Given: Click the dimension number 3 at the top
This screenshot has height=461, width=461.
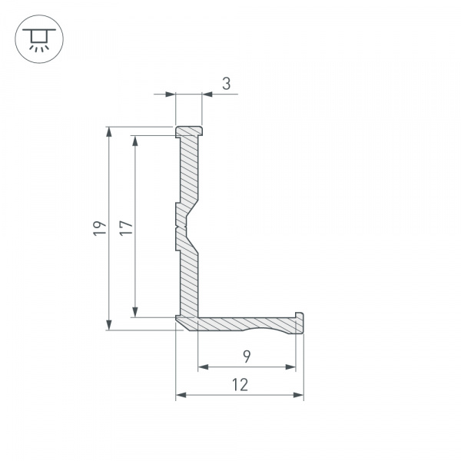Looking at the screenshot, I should pyautogui.click(x=227, y=84).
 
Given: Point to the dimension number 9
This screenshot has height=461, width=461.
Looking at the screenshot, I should pyautogui.click(x=246, y=356).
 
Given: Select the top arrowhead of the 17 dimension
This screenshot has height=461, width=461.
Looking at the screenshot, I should pyautogui.click(x=136, y=141).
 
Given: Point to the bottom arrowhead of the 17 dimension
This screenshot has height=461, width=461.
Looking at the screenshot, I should pyautogui.click(x=136, y=311).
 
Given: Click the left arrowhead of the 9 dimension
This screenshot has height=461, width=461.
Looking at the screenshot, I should pyautogui.click(x=204, y=367).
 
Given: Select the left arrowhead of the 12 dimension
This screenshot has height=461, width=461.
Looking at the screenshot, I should pyautogui.click(x=181, y=395).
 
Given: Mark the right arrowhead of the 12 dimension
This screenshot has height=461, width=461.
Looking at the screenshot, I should pyautogui.click(x=299, y=395).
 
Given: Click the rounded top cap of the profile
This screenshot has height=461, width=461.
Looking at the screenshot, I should pyautogui.click(x=189, y=131).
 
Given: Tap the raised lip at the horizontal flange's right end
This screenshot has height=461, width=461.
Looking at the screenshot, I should pyautogui.click(x=300, y=317).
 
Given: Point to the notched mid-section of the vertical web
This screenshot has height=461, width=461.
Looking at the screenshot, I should pyautogui.click(x=184, y=227).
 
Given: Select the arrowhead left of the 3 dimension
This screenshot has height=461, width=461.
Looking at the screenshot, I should pyautogui.click(x=171, y=95).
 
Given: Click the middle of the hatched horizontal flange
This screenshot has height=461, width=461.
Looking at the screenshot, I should pyautogui.click(x=246, y=324).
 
